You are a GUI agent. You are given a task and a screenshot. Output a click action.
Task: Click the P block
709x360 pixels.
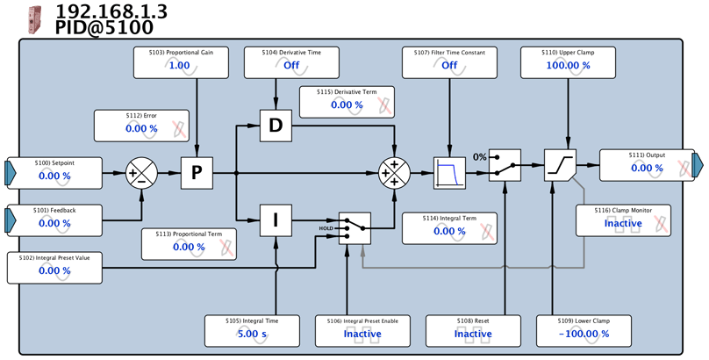(x=197, y=173)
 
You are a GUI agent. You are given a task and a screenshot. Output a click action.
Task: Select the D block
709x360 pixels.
(x=276, y=126)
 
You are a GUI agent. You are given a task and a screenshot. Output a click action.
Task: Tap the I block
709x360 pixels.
(x=276, y=220)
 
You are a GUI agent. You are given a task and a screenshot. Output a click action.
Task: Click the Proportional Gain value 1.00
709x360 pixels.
(x=180, y=65)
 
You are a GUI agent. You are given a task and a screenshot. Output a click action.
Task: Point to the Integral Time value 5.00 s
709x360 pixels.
(x=252, y=335)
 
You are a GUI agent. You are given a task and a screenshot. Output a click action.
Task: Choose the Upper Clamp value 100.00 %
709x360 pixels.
(x=568, y=65)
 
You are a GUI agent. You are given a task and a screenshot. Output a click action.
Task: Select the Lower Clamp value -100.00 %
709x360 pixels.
(x=584, y=335)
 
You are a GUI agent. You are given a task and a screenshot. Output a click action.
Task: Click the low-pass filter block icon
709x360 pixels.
(x=449, y=173)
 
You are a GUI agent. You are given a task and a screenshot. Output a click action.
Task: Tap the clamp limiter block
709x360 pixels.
(x=560, y=165)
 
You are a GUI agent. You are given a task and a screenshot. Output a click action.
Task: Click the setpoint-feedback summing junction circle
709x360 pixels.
(x=141, y=173)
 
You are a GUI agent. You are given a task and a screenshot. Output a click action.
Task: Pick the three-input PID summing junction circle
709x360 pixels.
(x=394, y=173)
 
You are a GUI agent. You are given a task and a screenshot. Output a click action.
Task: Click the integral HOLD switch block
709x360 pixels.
(x=355, y=228)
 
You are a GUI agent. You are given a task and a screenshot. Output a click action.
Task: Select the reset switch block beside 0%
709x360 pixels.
(x=505, y=165)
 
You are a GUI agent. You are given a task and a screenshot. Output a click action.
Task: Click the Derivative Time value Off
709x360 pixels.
(x=291, y=65)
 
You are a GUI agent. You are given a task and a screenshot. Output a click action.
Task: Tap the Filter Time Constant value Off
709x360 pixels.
(x=449, y=65)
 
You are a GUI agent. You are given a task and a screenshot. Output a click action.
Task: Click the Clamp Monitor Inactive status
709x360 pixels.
(x=623, y=223)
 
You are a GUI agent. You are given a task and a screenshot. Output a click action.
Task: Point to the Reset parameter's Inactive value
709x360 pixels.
(x=473, y=335)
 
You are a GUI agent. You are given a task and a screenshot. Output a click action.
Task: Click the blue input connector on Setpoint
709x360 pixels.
(x=11, y=173)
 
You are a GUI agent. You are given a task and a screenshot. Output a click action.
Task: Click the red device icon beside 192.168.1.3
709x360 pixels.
(x=35, y=19)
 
